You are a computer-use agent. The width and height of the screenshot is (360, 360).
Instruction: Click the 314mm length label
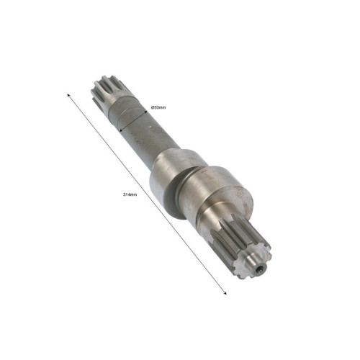(x=130, y=194)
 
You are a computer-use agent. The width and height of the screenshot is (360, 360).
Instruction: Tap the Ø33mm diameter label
(x=158, y=107)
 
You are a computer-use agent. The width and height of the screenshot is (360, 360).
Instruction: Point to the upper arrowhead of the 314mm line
(x=68, y=96)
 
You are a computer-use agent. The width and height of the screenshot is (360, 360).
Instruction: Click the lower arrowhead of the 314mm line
(x=225, y=292)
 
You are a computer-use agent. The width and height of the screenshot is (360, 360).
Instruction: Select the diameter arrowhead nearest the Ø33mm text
(x=145, y=112)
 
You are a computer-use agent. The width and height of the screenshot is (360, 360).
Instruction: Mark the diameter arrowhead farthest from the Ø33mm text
(x=121, y=130)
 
